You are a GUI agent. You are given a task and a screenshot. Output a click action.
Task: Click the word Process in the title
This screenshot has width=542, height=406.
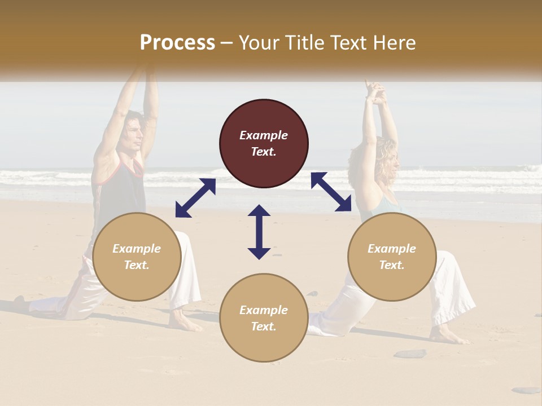[177, 43]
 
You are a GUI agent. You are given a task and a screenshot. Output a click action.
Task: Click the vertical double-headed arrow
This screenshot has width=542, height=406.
[259, 232]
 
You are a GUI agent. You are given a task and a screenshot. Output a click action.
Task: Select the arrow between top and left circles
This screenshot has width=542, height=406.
[195, 198]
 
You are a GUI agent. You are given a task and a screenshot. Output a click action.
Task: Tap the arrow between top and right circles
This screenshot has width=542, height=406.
[331, 192]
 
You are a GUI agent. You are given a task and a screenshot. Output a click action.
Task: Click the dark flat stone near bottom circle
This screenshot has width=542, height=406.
[410, 354]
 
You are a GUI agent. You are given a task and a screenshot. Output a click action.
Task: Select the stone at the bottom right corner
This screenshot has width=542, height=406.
[526, 390]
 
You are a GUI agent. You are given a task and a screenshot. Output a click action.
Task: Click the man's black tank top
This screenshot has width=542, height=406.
[121, 192]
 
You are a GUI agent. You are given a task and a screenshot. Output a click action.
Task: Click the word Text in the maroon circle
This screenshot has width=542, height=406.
[264, 152]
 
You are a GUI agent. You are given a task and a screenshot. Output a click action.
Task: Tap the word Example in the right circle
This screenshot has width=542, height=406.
[392, 249]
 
